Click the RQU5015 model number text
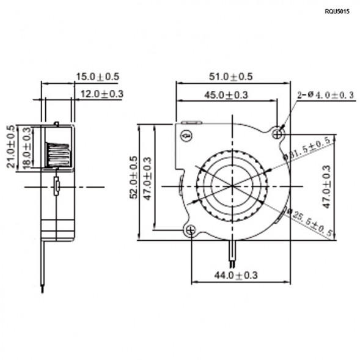coord(337,12)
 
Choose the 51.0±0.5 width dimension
coord(231,76)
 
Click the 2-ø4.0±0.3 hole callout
coord(325,95)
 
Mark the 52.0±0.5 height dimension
coord(133,182)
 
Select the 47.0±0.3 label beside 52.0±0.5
coord(147,182)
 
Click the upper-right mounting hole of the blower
coord(278,133)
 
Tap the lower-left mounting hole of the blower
coord(191,230)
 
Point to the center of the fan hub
coord(232,184)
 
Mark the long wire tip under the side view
coord(42,287)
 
